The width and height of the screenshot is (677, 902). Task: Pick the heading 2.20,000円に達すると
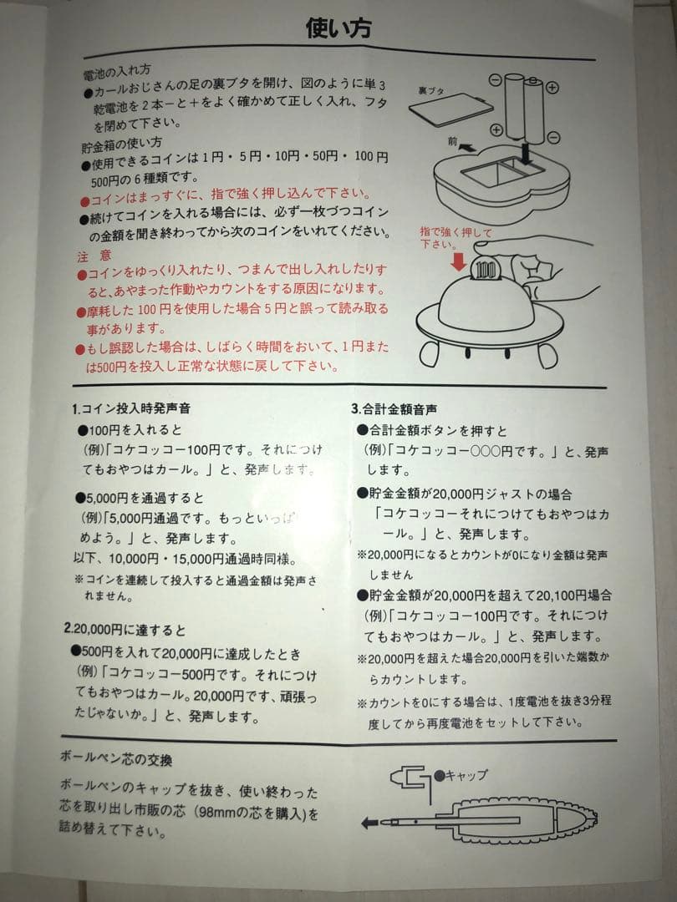125,628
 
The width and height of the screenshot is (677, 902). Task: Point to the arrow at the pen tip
369,823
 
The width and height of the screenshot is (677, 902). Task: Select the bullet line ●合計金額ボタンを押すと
431,430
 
